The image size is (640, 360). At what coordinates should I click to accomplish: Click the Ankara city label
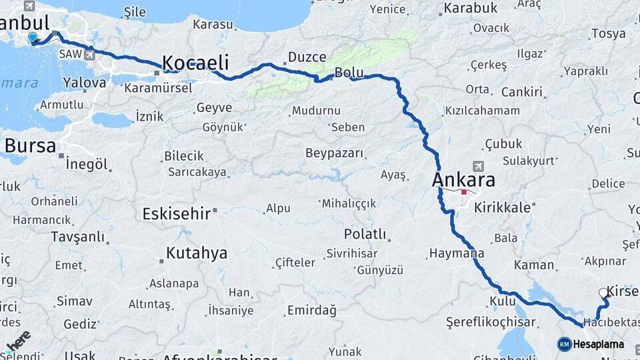click(x=463, y=180)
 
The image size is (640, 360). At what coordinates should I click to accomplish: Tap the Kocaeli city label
click(x=195, y=63)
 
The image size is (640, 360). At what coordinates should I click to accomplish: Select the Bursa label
click(x=30, y=146)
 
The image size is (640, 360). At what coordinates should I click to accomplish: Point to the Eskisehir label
click(x=177, y=214)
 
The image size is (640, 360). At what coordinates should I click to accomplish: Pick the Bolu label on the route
click(x=349, y=72)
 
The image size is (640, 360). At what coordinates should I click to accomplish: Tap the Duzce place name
click(x=307, y=57)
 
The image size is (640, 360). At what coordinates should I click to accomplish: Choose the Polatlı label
click(x=365, y=234)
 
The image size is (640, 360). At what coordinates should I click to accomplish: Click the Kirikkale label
click(x=502, y=207)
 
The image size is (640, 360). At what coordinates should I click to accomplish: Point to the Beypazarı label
click(x=335, y=153)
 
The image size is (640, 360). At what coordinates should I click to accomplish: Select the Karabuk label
click(x=471, y=8)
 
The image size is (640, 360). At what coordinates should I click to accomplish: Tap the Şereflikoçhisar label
click(x=491, y=323)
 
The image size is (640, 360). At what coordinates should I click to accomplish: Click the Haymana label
click(x=457, y=253)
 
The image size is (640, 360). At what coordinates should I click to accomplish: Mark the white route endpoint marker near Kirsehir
click(x=604, y=293)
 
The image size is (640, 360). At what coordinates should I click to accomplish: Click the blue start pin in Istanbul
click(x=33, y=39)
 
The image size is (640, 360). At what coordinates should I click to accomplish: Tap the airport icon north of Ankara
click(x=477, y=165)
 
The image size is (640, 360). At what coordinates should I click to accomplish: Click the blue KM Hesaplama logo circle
click(x=564, y=344)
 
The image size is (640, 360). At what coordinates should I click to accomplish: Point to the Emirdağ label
click(x=311, y=311)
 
